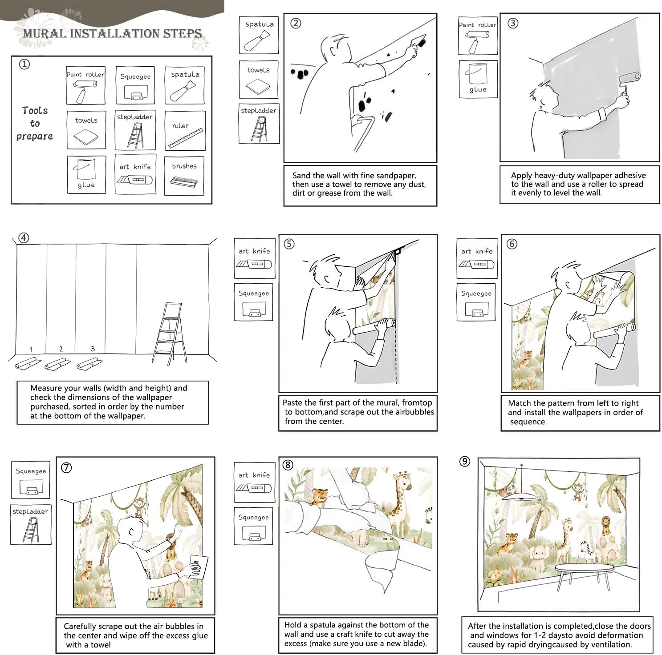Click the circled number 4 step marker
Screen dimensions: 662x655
click(x=24, y=238)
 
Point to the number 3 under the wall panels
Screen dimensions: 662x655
click(x=93, y=349)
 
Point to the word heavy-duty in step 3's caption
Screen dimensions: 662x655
click(x=552, y=175)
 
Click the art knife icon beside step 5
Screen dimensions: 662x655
click(x=254, y=264)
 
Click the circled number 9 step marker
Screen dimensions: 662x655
click(x=465, y=462)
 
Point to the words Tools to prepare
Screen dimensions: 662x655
click(x=35, y=123)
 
